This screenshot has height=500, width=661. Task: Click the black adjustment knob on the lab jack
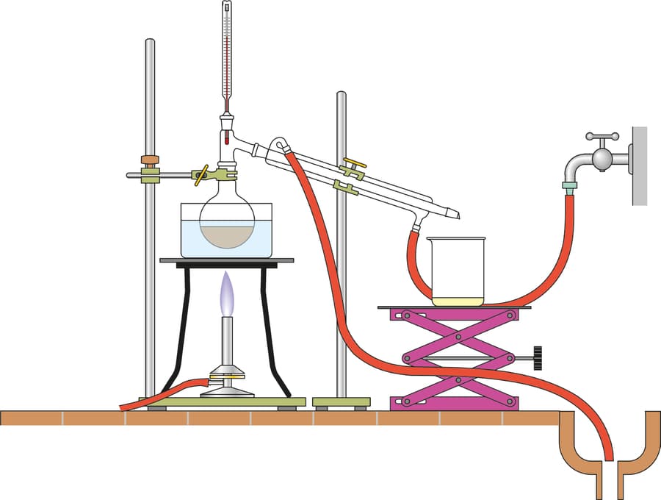[538, 357]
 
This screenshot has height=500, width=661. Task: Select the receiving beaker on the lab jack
[457, 270]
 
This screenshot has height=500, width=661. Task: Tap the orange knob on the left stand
[150, 160]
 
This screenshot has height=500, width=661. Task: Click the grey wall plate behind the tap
[639, 165]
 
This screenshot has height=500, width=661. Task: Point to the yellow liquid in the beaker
[457, 300]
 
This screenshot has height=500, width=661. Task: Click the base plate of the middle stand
[340, 402]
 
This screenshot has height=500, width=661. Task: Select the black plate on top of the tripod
[227, 260]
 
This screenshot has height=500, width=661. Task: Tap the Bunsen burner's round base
[227, 390]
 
